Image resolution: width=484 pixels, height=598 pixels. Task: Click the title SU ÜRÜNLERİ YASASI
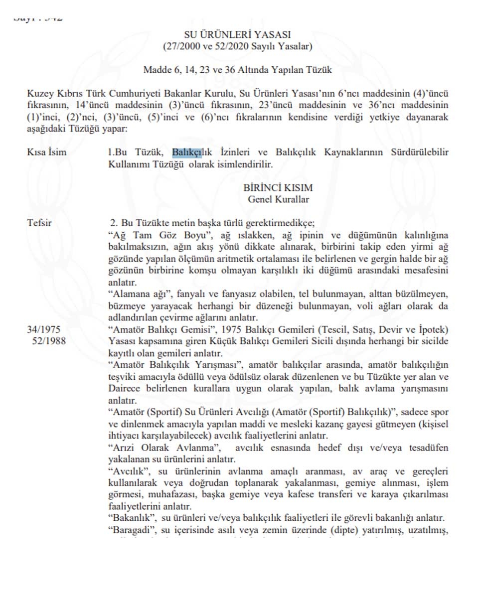[x=237, y=35]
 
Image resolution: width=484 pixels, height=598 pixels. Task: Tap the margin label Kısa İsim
[x=47, y=152]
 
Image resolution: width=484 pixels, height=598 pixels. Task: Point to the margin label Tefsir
[x=39, y=223]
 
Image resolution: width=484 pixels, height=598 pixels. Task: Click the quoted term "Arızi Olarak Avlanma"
[x=150, y=447]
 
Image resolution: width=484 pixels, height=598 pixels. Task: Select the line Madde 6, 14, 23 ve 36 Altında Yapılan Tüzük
[x=237, y=70]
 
